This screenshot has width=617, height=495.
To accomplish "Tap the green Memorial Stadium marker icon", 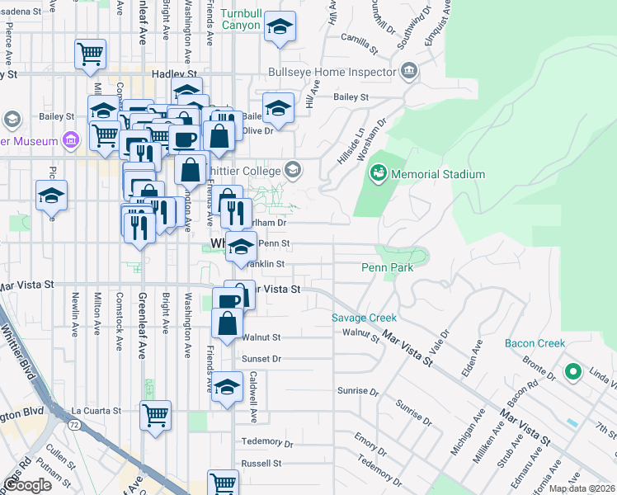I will pos(379,173).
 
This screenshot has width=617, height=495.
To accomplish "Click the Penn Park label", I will pos(387,267).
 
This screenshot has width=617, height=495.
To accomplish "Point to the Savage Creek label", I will pos(364,318).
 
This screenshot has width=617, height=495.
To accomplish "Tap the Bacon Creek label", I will pos(535,343).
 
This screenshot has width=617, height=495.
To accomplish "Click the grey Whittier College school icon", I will pos(292,171).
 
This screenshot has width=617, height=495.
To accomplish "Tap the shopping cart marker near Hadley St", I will pos(91,54).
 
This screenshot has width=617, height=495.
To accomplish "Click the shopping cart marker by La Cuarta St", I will pos(155,415).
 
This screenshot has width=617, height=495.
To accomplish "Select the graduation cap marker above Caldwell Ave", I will pos(227,387).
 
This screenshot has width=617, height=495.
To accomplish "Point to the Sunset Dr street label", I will pos(262,359).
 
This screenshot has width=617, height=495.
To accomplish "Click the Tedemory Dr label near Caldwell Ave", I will pos(262,441).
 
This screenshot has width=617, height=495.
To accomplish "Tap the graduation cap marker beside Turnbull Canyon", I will pos(280,29).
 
